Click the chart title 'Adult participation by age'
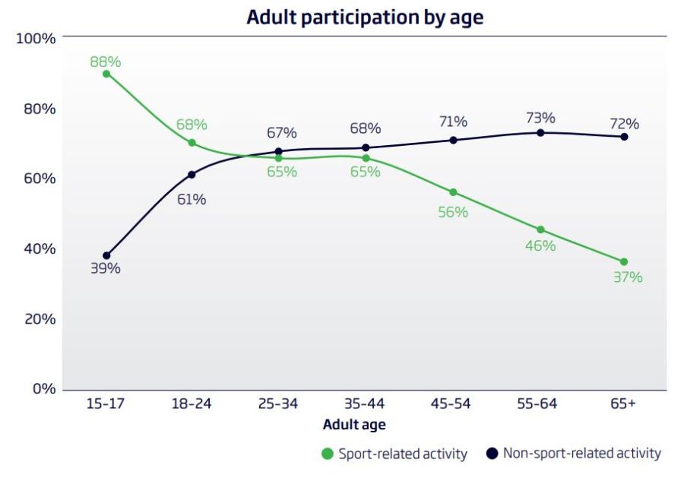click(x=365, y=17)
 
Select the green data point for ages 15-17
click(x=106, y=74)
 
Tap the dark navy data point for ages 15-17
click(x=106, y=255)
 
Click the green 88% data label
click(x=106, y=62)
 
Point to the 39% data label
click(x=106, y=268)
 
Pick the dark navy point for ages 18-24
click(x=192, y=175)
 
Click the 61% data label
click(x=192, y=200)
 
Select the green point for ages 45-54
click(x=453, y=192)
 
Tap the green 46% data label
click(x=540, y=246)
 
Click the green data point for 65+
click(x=624, y=262)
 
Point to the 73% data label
click(x=540, y=119)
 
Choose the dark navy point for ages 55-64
click(x=540, y=132)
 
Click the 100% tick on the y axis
click(x=36, y=39)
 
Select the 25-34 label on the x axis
click(x=278, y=403)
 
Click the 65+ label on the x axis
click(x=622, y=403)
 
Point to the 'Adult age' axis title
click(x=353, y=425)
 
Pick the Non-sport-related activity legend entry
click(x=573, y=454)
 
